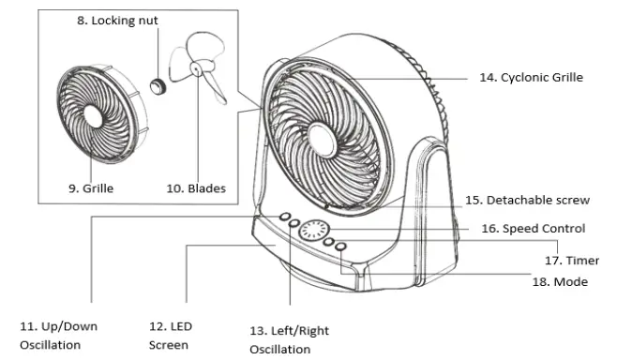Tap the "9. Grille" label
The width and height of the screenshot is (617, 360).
coord(91,188)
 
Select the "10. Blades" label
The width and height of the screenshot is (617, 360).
coord(196,188)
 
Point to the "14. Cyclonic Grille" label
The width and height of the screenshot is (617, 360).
coord(531,77)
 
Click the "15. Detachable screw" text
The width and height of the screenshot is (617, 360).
coord(527,200)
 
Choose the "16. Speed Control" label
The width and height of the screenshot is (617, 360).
coord(533,228)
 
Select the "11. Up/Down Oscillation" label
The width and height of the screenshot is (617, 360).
coord(58,336)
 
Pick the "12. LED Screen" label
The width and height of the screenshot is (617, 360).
coord(173,336)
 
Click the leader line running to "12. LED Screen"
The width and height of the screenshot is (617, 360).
coord(188,272)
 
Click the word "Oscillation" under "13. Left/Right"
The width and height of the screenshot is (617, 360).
coord(279,350)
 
